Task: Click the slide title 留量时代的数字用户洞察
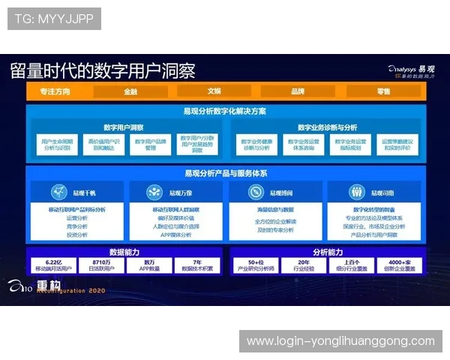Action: point(103,71)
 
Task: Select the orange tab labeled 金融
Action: point(130,91)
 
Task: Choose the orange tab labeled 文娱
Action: point(214,91)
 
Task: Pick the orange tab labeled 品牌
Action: point(298,91)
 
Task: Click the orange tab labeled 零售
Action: point(383,91)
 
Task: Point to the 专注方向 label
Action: point(55,91)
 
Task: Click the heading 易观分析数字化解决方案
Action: point(225,111)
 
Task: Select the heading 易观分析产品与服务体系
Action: point(225,173)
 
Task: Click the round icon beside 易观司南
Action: point(355,192)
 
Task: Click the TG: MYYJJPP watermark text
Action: point(54,19)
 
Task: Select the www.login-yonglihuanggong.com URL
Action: point(340,341)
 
